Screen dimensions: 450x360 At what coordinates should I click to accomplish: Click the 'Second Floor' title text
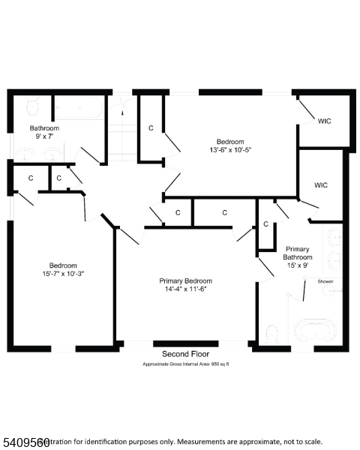(185, 353)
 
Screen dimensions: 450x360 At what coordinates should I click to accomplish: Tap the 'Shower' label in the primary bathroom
(325, 281)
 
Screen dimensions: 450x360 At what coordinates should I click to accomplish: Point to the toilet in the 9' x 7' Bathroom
(33, 106)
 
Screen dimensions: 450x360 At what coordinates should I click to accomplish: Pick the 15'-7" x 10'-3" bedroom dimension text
(63, 274)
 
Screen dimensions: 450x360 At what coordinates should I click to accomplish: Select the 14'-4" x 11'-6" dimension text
(185, 289)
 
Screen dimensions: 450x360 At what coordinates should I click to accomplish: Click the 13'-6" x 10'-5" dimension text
(229, 149)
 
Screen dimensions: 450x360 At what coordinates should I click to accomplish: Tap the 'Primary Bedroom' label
(185, 280)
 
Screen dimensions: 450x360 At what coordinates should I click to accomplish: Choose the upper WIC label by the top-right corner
(324, 121)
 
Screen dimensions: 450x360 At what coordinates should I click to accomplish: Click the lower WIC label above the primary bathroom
(321, 184)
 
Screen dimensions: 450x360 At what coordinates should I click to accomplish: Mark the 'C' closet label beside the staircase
(151, 128)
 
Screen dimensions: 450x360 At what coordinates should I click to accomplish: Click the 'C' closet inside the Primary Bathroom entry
(265, 223)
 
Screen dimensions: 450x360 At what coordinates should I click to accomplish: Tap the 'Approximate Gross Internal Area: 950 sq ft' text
(185, 364)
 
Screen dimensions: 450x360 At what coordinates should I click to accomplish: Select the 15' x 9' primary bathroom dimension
(297, 265)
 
